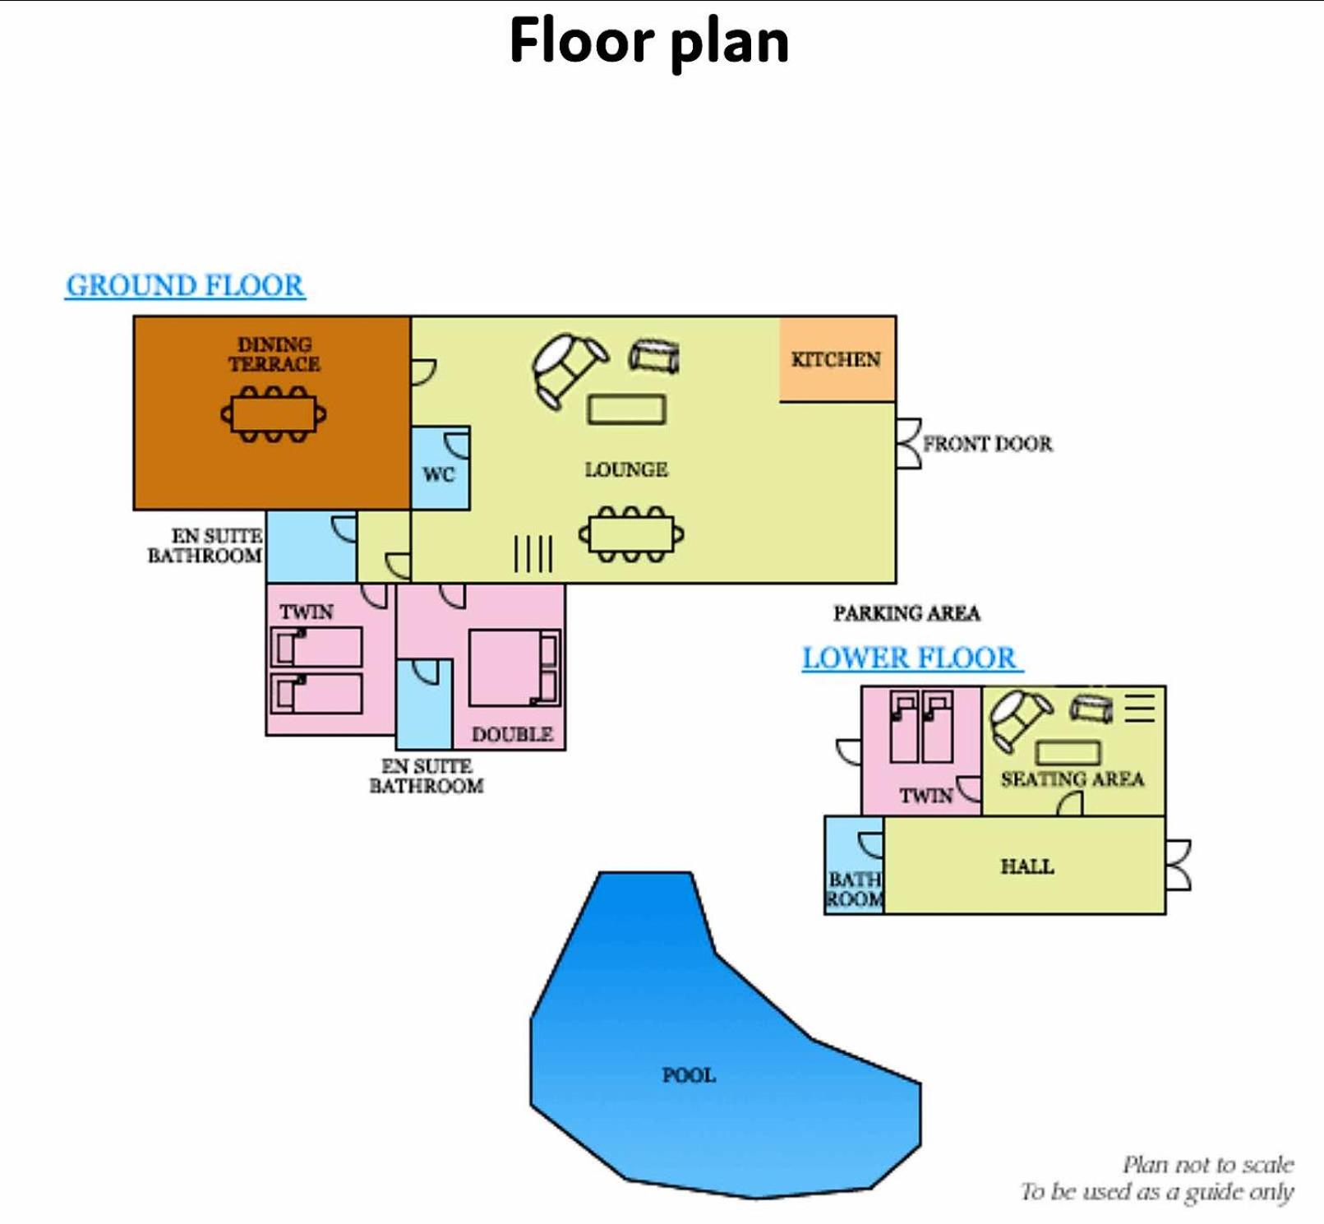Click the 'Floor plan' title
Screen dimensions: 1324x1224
click(x=648, y=41)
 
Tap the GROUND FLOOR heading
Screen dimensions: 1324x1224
click(x=185, y=285)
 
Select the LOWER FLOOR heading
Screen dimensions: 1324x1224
click(x=911, y=658)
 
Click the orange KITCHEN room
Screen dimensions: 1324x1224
click(x=837, y=359)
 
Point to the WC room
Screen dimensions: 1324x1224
click(x=440, y=469)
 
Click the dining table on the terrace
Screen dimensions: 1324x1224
click(x=274, y=413)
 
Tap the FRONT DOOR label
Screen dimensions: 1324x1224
click(x=987, y=444)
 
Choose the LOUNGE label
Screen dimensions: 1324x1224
click(x=626, y=469)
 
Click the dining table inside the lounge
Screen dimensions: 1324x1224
click(x=631, y=534)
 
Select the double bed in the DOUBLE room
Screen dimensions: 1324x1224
click(x=514, y=667)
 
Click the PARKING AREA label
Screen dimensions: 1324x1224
click(x=907, y=613)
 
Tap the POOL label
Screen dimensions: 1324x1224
click(x=689, y=1075)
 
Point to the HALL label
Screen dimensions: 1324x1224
click(x=1026, y=866)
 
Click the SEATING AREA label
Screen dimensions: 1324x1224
click(x=1073, y=778)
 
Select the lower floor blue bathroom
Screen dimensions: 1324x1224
click(x=855, y=865)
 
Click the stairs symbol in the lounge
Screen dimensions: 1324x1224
click(x=533, y=553)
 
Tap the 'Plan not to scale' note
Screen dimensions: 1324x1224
click(x=1208, y=1164)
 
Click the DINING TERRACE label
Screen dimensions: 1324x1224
click(x=274, y=354)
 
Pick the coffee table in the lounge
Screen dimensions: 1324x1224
click(x=626, y=409)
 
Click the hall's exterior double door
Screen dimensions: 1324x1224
click(x=1178, y=865)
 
